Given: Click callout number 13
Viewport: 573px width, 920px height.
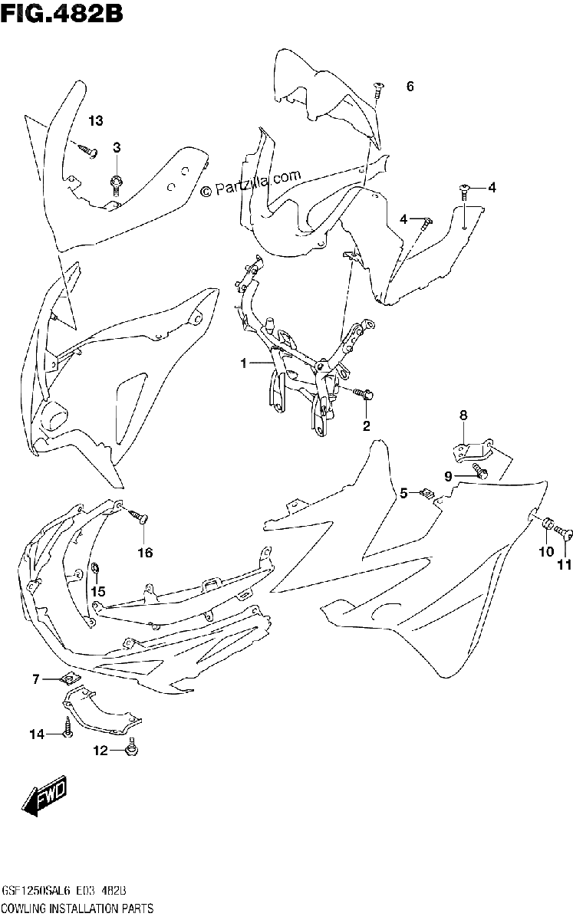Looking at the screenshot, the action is pos(96,121).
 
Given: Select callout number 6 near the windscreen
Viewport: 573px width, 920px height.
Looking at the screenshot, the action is pos(410,86).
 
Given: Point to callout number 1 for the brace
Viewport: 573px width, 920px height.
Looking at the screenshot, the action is pos(243,363).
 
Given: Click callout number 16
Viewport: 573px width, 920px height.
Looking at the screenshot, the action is pos(145,553).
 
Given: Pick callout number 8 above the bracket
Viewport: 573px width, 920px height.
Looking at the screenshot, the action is pos(463,416).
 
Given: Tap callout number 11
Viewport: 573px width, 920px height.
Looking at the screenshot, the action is pos(565,566).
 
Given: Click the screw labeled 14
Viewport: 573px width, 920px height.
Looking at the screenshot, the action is pos(68,727).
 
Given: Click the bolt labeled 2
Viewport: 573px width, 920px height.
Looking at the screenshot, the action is pos(364,394).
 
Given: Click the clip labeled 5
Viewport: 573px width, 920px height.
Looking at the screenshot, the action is pos(428,493).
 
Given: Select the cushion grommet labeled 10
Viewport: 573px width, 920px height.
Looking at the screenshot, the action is pos(547,526).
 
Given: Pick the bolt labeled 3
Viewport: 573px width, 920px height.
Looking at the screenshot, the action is pos(117,185).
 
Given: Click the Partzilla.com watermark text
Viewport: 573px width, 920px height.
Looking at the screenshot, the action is pos(252,183).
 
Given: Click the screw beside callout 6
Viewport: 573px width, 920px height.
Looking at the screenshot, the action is pos(377,90).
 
